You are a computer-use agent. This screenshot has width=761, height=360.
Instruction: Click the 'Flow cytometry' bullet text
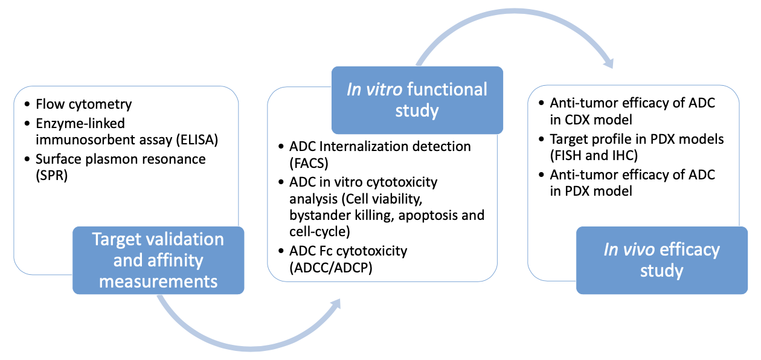coord(83,104)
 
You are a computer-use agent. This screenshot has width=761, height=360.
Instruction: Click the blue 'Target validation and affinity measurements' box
coord(158,260)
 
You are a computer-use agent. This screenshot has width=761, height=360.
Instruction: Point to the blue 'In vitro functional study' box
coord(417,100)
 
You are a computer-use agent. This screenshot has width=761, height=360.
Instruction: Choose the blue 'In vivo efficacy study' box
coord(661,260)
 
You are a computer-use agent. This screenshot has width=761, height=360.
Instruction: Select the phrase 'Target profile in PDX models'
coord(637,140)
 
